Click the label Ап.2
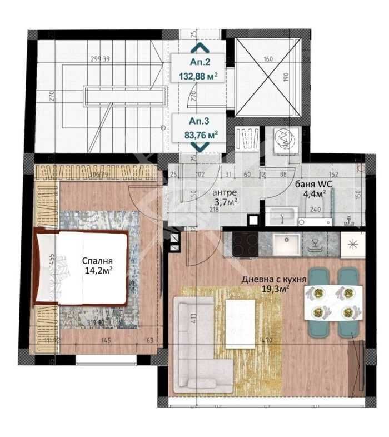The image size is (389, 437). click(x=199, y=63)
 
